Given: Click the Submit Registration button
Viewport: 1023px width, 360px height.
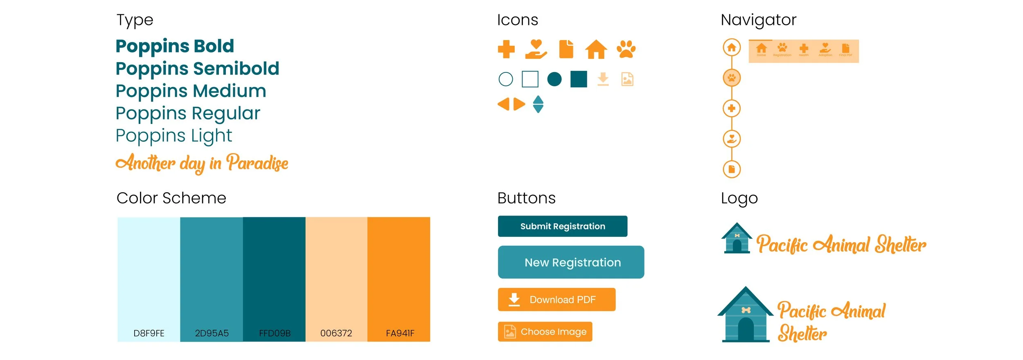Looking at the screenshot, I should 562,226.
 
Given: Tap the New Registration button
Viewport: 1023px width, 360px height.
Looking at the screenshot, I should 571,262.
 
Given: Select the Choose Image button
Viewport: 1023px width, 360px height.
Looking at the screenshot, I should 545,332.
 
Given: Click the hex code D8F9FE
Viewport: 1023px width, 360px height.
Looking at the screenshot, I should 149,333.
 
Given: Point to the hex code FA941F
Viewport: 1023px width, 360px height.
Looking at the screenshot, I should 400,333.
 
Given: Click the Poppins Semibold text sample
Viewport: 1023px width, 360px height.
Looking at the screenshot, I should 197,69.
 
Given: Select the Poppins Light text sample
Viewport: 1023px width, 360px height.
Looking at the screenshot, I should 174,136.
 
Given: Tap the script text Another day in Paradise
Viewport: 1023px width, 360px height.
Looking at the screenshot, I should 202,163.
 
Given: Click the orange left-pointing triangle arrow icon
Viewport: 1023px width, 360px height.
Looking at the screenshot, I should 504,104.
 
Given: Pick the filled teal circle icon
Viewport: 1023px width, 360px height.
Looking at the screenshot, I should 554,79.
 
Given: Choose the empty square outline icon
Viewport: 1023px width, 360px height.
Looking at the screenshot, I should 530,79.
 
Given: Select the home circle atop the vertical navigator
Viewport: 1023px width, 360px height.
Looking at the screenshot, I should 732,47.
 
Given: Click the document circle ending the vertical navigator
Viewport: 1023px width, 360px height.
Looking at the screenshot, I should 732,169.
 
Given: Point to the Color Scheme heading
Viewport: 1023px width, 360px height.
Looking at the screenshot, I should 171,198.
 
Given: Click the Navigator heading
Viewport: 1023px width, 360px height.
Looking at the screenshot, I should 758,20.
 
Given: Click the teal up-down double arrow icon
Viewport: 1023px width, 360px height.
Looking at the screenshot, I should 538,104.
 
